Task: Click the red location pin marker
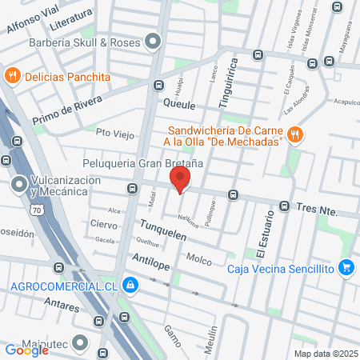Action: tap(181, 179)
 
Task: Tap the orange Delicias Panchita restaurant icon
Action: tap(12, 76)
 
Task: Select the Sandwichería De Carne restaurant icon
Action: tap(294, 135)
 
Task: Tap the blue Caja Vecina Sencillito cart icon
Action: tap(346, 267)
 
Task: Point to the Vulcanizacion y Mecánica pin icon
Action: tap(19, 186)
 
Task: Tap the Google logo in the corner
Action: tap(25, 350)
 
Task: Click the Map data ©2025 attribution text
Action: tap(326, 354)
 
